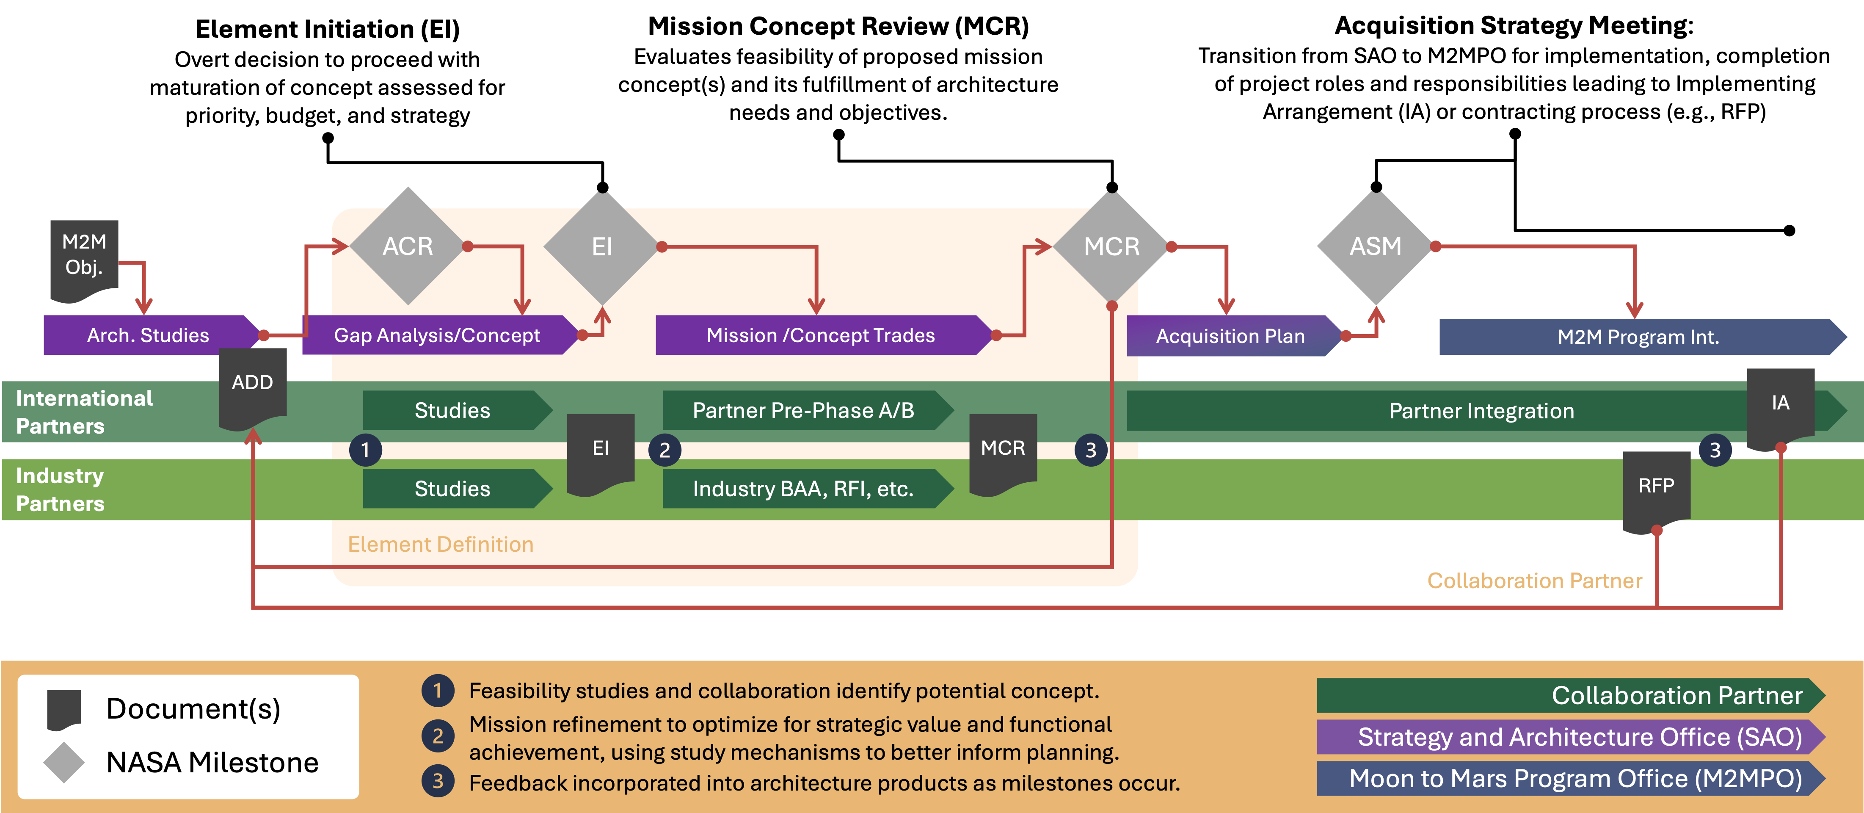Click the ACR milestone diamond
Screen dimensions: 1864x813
point(408,246)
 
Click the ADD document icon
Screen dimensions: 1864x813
point(253,388)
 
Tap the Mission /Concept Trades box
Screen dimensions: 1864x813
point(824,335)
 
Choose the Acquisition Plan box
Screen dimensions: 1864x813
point(1235,336)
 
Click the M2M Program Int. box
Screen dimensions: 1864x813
point(1643,337)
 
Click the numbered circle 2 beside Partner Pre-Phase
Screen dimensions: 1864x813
point(664,450)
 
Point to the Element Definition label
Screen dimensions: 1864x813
point(441,545)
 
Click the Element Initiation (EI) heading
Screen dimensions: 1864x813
point(328,29)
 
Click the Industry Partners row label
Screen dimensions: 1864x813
point(60,489)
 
